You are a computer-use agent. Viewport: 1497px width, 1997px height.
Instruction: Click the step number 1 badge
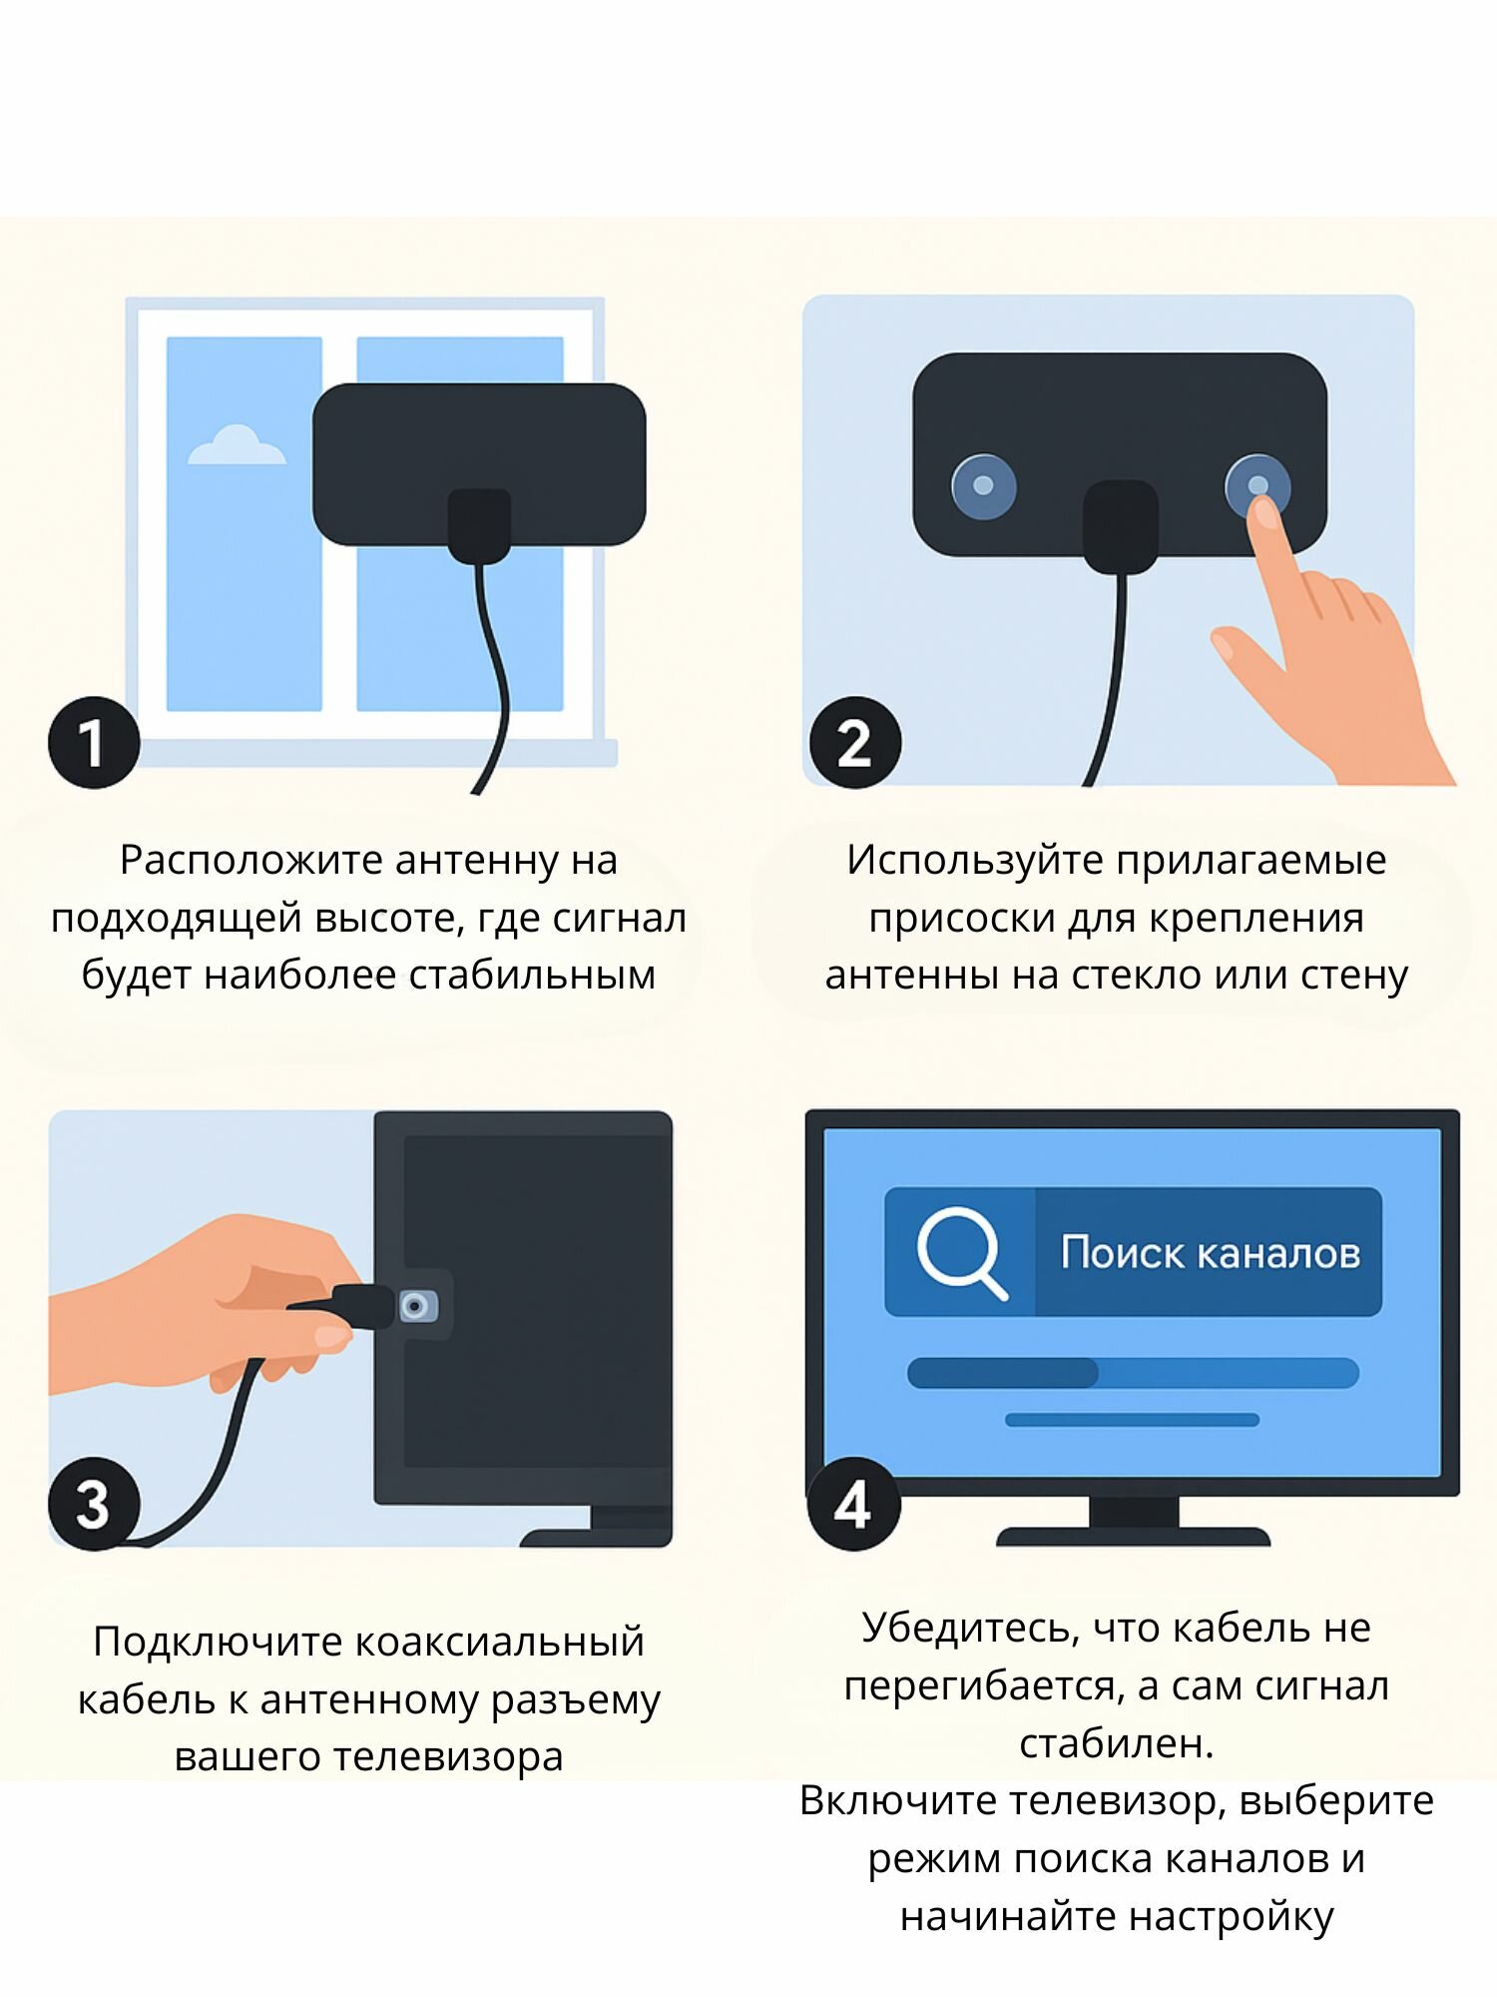[x=94, y=742]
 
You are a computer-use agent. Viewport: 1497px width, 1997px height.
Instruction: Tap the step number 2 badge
[x=855, y=742]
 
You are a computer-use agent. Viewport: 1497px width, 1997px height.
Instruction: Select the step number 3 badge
[x=94, y=1504]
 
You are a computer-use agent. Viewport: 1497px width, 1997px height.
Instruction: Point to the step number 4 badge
[x=853, y=1504]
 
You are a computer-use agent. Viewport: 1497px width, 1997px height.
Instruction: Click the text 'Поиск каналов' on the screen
[x=1211, y=1252]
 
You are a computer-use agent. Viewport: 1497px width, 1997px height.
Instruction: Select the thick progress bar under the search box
[x=1133, y=1373]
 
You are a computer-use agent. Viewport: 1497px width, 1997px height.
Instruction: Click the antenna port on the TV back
[x=417, y=1306]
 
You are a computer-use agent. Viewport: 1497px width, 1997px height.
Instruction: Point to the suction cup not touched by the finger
[x=983, y=486]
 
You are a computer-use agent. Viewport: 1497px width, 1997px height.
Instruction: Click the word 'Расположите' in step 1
[x=251, y=860]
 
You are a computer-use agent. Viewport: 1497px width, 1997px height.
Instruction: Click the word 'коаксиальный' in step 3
[x=499, y=1642]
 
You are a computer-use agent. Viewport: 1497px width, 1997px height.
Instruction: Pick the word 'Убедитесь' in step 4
[x=971, y=1629]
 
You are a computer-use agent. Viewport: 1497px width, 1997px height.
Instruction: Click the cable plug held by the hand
[x=363, y=1306]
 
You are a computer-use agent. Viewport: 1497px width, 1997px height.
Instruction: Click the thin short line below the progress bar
[x=1132, y=1420]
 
